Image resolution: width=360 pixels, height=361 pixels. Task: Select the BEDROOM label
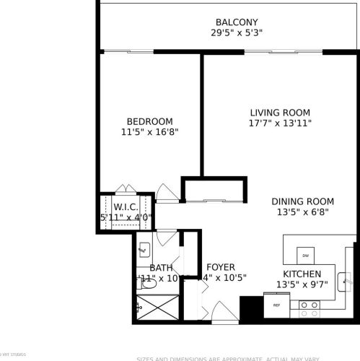click(x=149, y=121)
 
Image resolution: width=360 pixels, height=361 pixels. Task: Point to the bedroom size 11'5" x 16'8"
click(x=149, y=132)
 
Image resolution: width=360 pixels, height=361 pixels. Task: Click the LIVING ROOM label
click(x=280, y=113)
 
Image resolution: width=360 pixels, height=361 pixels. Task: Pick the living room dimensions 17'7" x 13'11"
click(x=280, y=123)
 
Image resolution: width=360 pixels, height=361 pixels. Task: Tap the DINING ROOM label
click(x=302, y=201)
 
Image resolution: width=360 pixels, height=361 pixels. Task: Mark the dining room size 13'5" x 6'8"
click(x=302, y=212)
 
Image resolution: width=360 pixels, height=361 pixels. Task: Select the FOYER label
click(x=220, y=267)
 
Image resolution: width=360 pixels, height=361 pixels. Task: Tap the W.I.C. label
click(x=126, y=206)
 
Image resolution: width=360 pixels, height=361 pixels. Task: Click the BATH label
click(x=161, y=268)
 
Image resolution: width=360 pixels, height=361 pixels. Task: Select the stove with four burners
click(x=309, y=310)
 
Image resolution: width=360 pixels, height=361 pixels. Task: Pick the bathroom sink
click(x=143, y=250)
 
